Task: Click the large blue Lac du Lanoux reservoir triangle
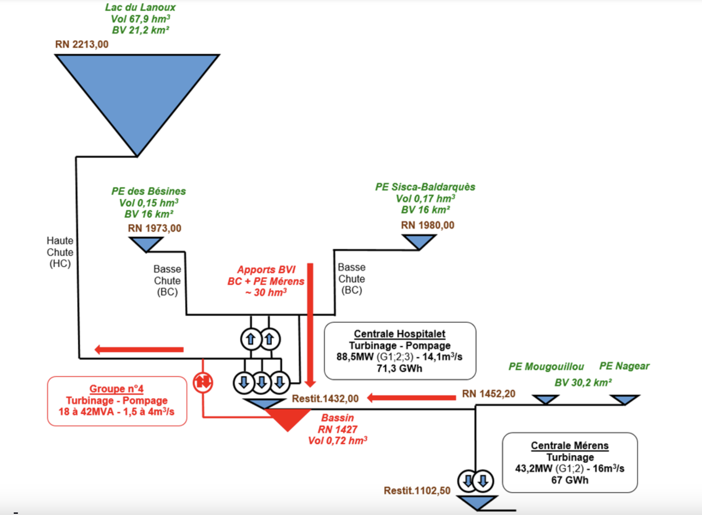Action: click(137, 91)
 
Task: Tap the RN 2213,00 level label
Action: click(82, 44)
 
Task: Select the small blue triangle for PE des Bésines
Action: click(146, 243)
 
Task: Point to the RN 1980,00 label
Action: click(428, 225)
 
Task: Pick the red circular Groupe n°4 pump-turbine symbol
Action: click(203, 382)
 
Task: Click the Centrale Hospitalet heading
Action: click(400, 334)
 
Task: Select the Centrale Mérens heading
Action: click(570, 445)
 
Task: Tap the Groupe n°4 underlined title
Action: click(117, 389)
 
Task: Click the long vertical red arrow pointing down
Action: click(310, 324)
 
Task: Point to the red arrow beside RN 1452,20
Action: click(411, 397)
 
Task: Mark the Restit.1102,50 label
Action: click(417, 490)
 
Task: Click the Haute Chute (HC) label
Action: click(60, 252)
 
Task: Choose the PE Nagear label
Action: click(624, 366)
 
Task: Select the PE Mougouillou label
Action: click(546, 367)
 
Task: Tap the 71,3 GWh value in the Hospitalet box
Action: click(399, 368)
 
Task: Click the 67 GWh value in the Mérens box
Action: click(570, 480)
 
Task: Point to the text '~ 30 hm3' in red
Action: click(266, 292)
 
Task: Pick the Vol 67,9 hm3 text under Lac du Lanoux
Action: click(140, 19)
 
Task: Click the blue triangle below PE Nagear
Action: click(625, 399)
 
